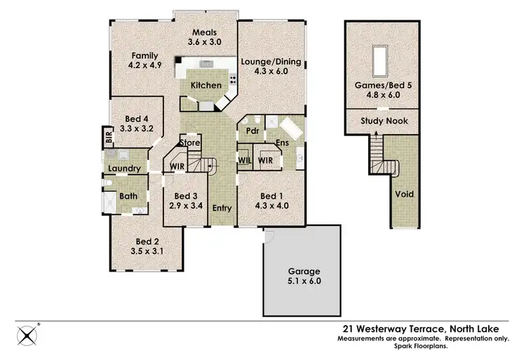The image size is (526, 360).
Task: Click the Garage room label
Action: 304,271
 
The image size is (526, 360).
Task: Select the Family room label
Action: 144,56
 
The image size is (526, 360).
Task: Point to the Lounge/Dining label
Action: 271,62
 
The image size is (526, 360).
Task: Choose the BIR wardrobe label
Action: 109,137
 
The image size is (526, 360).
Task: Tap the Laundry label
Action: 125,168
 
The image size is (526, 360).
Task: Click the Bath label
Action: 128,196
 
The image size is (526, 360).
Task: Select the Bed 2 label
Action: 146,241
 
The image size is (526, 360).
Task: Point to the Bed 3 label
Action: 187,196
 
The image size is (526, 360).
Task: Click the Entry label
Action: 222,208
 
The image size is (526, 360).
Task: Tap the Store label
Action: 191,143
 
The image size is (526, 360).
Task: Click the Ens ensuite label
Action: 282,143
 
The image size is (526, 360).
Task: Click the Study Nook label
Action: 384,121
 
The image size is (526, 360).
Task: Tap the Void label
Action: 404,194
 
